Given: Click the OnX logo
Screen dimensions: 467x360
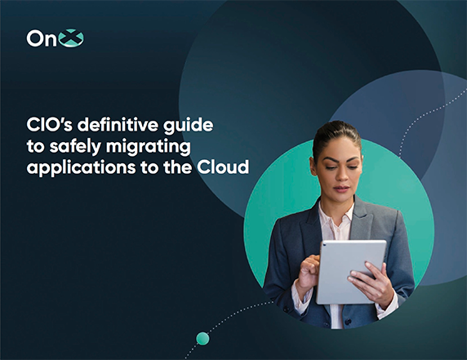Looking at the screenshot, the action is (x=55, y=38).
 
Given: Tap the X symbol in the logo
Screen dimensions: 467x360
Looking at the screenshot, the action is (x=71, y=38).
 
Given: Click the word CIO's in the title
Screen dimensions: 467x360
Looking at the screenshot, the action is (x=50, y=125).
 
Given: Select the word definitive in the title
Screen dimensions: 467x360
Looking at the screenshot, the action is (x=118, y=125).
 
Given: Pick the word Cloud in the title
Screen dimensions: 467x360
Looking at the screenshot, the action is (x=223, y=167).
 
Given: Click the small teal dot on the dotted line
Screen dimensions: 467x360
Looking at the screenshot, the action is (x=202, y=339).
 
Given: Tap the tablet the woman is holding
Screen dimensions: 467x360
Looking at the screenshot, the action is (x=351, y=272).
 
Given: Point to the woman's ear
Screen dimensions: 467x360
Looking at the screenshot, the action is (x=313, y=166).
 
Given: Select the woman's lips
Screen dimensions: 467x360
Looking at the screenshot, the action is (x=341, y=189).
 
